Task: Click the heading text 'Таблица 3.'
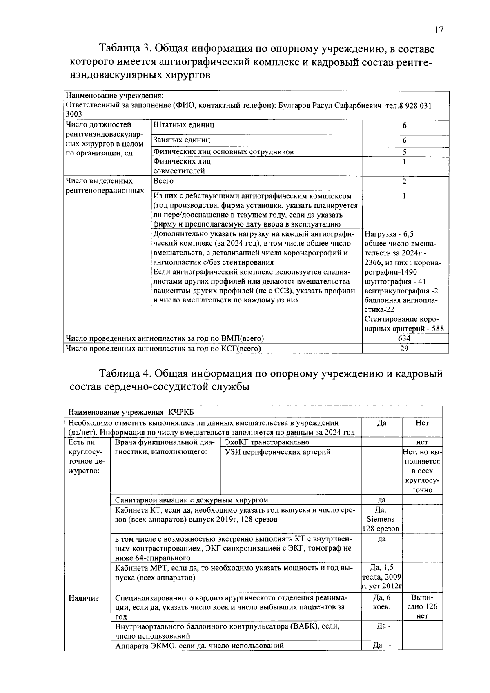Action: (x=125, y=49)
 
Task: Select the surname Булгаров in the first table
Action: (x=293, y=106)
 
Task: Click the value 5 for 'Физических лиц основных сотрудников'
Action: (x=404, y=152)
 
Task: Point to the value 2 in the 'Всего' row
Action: (x=404, y=182)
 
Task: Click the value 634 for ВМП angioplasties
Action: (x=404, y=338)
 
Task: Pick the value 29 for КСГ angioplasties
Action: (x=404, y=348)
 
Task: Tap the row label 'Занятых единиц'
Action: (x=182, y=140)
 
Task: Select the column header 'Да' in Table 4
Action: (x=381, y=423)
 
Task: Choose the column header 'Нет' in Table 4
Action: (x=422, y=423)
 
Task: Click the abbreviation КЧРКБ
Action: (x=181, y=412)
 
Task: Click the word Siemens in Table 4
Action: (x=381, y=519)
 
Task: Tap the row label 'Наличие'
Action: (x=84, y=598)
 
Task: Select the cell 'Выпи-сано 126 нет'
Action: (x=422, y=607)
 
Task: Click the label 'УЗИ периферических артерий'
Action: (x=278, y=452)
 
